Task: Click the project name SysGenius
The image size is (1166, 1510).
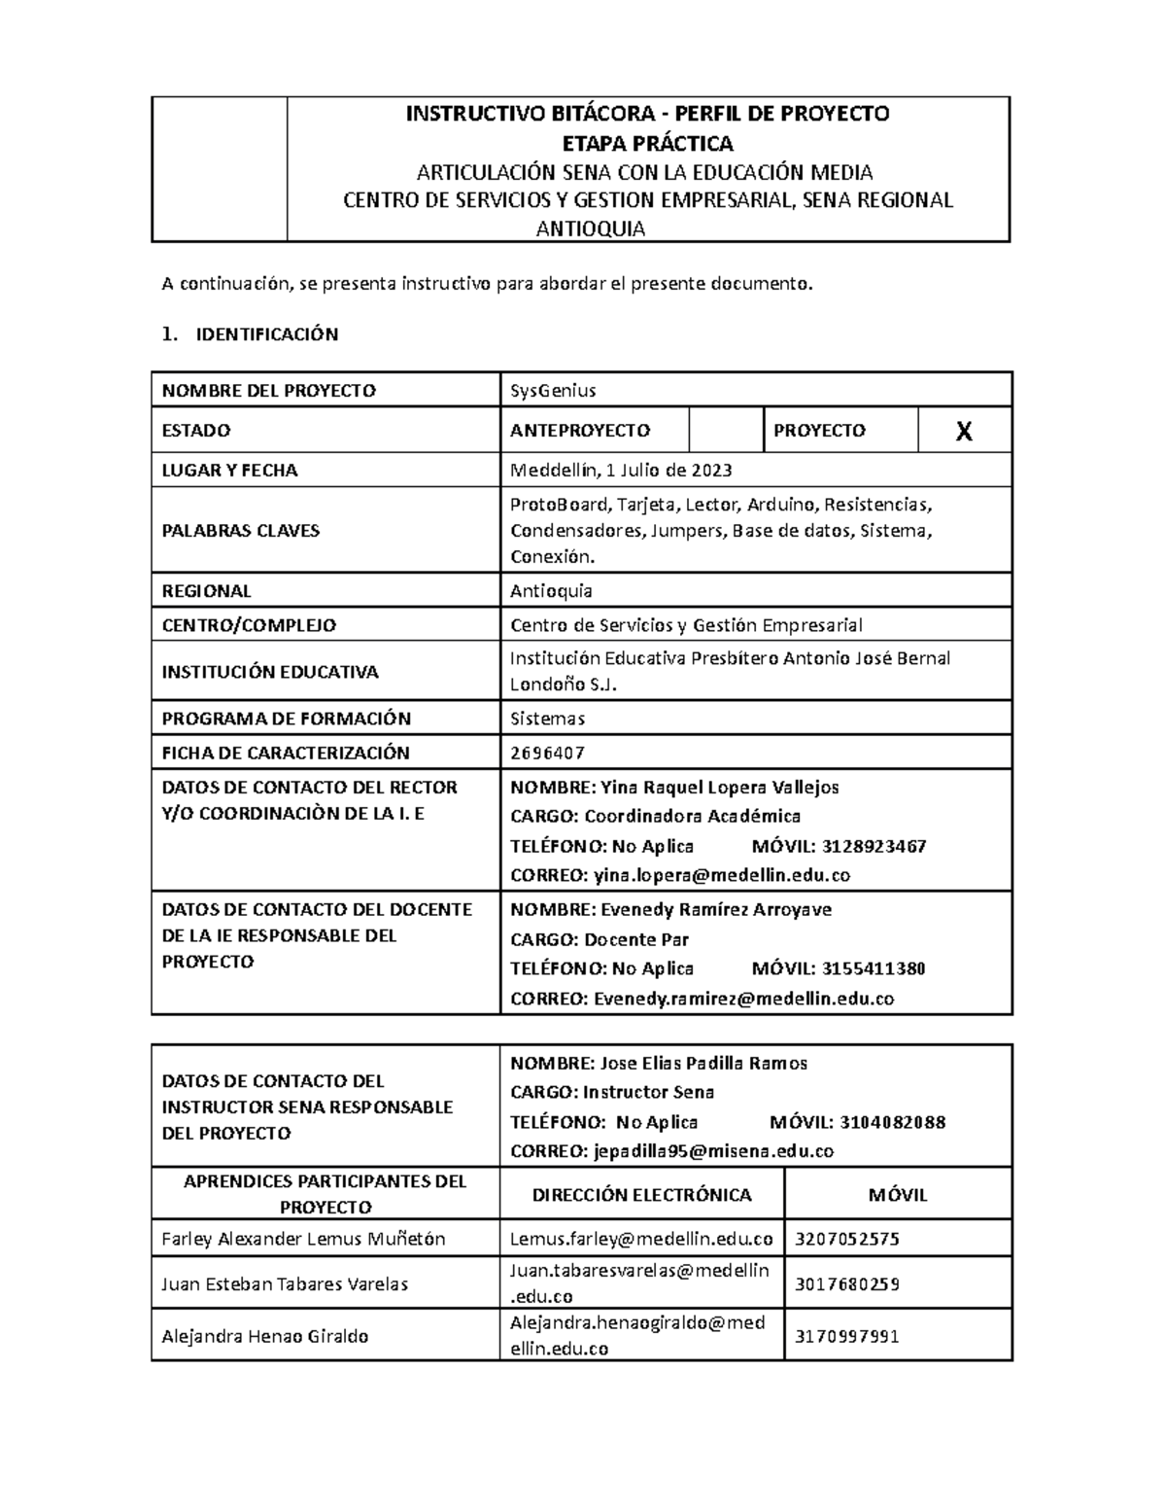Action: point(553,391)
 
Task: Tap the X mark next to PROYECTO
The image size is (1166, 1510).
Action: point(963,432)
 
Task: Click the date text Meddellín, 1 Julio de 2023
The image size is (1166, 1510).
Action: point(621,471)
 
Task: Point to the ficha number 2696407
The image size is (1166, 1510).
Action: point(547,753)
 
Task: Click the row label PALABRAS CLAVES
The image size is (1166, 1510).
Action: point(240,531)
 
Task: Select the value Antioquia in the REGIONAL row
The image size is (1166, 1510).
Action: point(551,591)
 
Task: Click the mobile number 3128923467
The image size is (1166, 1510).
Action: point(874,846)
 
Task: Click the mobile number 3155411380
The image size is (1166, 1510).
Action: point(874,968)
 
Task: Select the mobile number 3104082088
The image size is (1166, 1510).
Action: point(892,1122)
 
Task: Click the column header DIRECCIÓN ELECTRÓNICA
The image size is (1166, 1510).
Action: point(641,1195)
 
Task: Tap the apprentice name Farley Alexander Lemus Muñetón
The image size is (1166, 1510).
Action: point(303,1239)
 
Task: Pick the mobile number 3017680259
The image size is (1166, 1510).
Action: point(847,1284)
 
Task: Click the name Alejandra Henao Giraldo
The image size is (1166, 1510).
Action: point(264,1337)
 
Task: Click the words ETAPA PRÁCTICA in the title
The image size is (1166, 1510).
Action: point(648,144)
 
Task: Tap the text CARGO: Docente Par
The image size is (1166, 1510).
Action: point(600,939)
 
